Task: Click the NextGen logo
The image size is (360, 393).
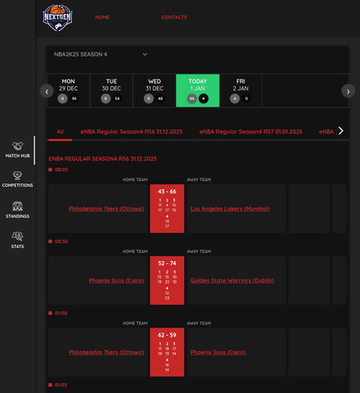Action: click(x=58, y=17)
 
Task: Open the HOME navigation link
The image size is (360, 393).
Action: click(x=102, y=17)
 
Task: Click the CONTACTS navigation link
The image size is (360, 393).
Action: click(x=173, y=17)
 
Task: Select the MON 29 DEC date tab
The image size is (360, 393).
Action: click(x=68, y=90)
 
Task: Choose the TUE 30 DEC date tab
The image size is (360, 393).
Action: click(x=111, y=90)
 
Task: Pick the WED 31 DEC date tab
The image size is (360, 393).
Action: click(x=154, y=90)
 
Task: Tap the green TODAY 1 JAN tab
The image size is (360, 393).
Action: click(x=197, y=90)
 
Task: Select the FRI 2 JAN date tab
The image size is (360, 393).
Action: click(x=241, y=90)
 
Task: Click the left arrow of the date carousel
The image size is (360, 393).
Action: click(x=47, y=91)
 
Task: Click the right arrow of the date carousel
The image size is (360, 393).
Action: click(x=349, y=91)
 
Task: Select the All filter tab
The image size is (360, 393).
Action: click(x=60, y=130)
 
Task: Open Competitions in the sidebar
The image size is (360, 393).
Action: click(x=17, y=180)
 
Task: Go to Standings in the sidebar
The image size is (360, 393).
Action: click(x=17, y=210)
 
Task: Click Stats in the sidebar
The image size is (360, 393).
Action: click(x=17, y=240)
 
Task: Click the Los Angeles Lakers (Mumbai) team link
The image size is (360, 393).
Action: click(x=230, y=209)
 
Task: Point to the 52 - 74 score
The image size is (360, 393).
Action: click(x=168, y=263)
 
